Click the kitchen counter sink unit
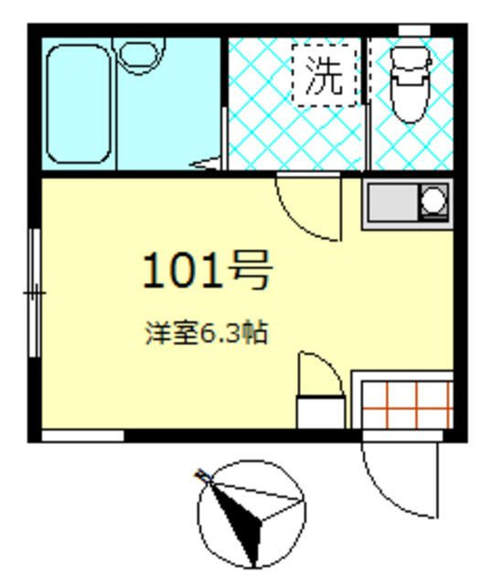pos(407,203)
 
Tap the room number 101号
pos(208,272)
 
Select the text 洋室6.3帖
pos(207,333)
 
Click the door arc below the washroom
pos(309,209)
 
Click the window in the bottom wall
pos(82,436)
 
